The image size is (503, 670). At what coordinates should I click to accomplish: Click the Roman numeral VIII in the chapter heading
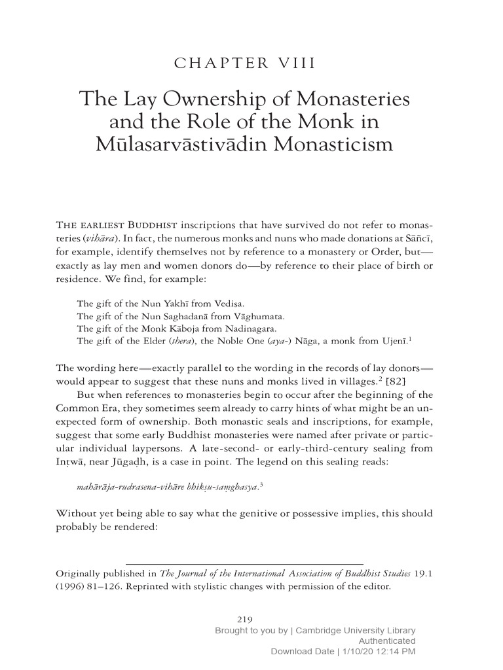pos(295,63)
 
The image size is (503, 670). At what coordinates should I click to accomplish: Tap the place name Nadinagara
pos(250,328)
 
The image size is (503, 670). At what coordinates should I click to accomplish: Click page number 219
pos(244,619)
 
